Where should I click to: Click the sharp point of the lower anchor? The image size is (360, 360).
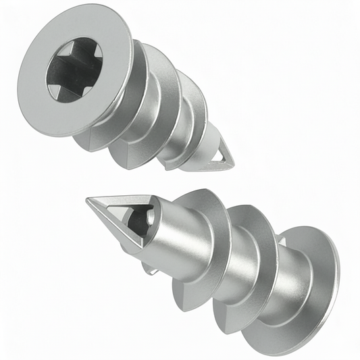[88, 200]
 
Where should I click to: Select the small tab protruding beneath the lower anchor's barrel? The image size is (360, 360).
[150, 269]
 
